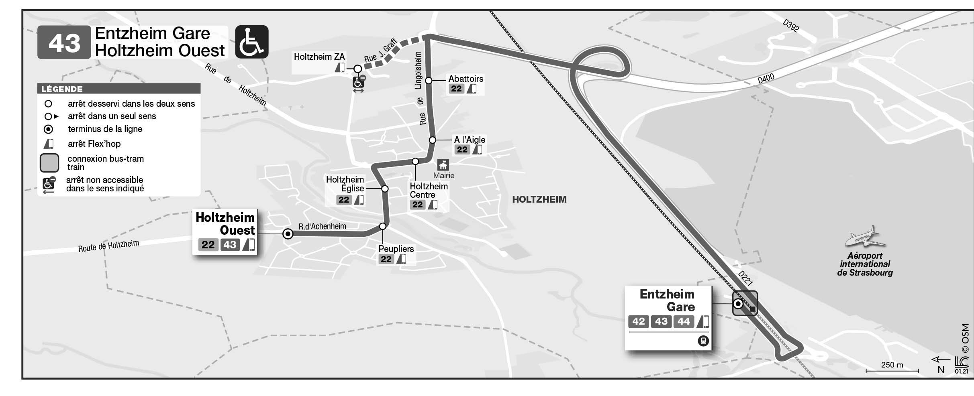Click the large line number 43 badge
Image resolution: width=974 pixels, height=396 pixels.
click(64, 43)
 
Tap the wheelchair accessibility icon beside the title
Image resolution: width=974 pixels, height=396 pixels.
click(251, 42)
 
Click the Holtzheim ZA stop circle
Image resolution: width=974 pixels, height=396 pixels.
click(357, 69)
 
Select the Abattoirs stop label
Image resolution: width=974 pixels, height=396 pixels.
click(466, 79)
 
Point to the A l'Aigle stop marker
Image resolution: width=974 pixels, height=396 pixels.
click(432, 140)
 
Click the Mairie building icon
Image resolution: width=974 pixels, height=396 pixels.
click(443, 165)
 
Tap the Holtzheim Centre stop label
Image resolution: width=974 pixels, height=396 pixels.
click(428, 191)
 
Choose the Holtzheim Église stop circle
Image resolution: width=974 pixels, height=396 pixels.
click(385, 189)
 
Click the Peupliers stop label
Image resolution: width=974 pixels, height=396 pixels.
click(396, 249)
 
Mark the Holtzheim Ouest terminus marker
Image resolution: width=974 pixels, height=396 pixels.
click(288, 234)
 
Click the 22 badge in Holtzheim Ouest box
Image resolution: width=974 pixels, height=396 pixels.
click(208, 245)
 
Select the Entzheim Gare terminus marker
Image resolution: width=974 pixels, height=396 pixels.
click(738, 304)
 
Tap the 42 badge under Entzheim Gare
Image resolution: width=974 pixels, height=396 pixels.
click(638, 321)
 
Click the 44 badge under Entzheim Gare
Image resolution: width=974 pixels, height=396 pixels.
click(684, 321)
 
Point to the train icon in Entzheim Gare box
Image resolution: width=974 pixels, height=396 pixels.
click(703, 341)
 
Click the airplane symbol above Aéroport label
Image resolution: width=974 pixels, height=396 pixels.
click(865, 238)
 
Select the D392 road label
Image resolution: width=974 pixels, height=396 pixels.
click(791, 26)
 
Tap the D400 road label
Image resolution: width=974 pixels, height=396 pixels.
click(766, 79)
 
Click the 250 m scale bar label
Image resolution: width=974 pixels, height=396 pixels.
click(892, 365)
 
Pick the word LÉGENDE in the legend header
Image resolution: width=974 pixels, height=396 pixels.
click(62, 89)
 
